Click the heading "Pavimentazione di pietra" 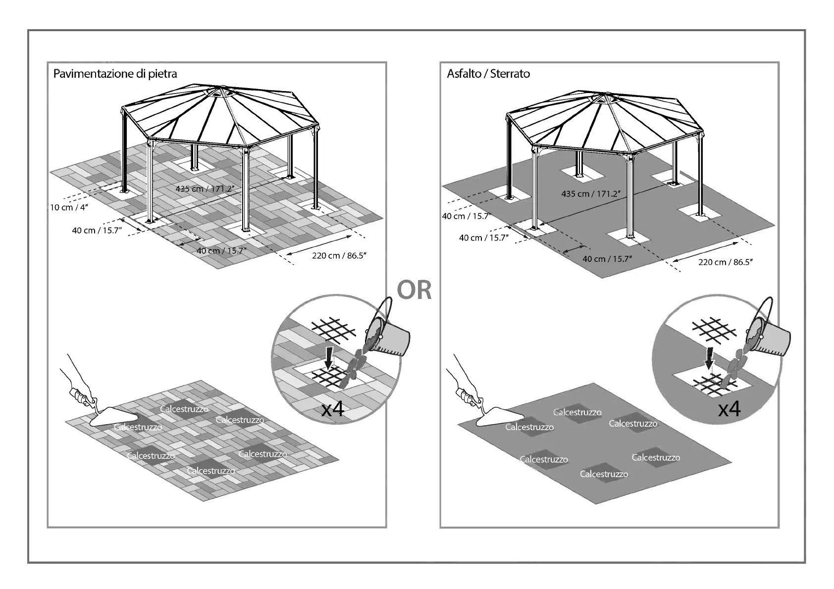coord(115,74)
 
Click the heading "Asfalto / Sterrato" coord(488,74)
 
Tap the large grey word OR coord(414,291)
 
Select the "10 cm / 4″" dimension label coord(68,207)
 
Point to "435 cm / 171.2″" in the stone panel coord(204,189)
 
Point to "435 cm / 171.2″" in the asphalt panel coord(590,194)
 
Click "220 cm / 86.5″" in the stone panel coord(339,255)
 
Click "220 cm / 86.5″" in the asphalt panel coord(725,262)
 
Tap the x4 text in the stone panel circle coord(332,409)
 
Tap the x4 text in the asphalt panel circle coord(729,409)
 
